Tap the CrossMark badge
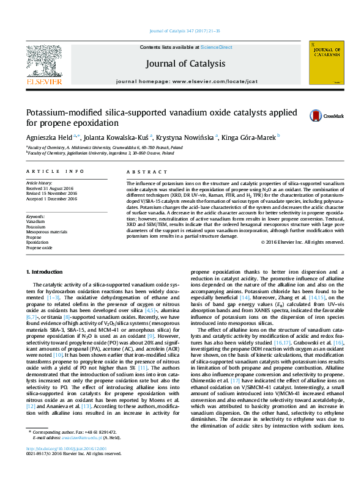333,115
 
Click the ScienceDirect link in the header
217,47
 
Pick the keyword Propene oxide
40,248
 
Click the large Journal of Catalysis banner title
185,64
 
